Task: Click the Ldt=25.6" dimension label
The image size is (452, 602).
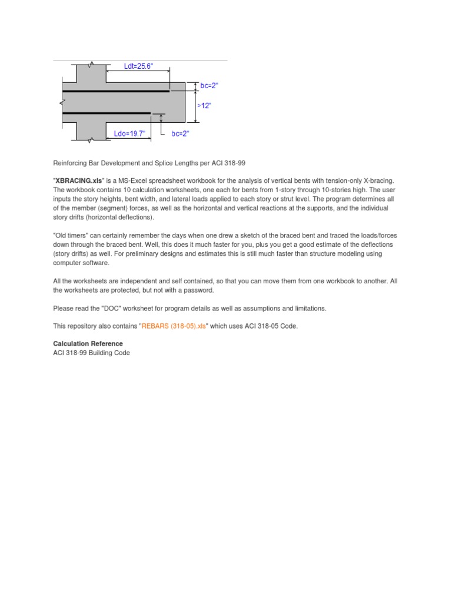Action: coord(138,67)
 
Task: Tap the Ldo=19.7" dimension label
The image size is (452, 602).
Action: coord(129,133)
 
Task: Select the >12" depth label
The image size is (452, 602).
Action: coord(204,106)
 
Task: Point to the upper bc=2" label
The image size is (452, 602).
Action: coord(209,86)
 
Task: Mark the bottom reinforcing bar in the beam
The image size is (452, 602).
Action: coord(106,113)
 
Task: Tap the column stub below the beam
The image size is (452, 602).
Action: coord(91,132)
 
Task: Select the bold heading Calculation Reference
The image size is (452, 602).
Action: coord(88,343)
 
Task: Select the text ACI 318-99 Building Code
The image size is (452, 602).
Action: coord(91,353)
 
